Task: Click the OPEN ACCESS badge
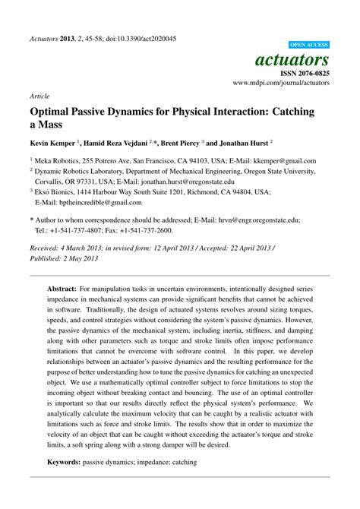(x=309, y=44)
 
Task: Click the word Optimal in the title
(x=53, y=110)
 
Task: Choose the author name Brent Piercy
(x=175, y=142)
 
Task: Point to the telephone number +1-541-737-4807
(x=84, y=229)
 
